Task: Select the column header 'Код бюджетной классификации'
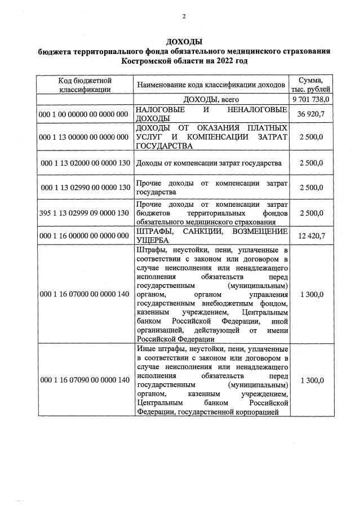(85, 85)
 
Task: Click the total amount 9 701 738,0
(311, 100)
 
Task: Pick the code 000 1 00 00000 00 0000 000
(85, 114)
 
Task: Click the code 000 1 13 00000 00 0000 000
(85, 137)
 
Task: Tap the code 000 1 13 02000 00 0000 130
(85, 163)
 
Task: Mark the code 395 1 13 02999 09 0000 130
(85, 214)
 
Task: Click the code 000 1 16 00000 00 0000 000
(85, 236)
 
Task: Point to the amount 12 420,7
(311, 236)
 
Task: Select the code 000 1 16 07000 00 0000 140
(85, 294)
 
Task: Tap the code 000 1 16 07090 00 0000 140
(85, 380)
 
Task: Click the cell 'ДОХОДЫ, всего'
(212, 100)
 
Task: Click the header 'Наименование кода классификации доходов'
(212, 85)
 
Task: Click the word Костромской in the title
(154, 60)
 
